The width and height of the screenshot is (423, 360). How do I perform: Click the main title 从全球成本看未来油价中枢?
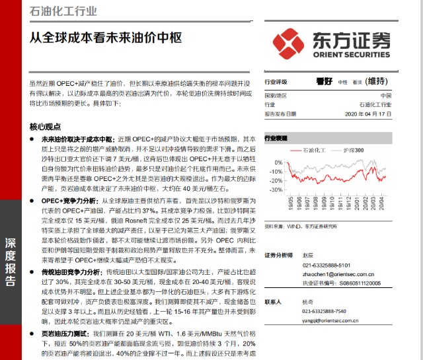(x=106, y=38)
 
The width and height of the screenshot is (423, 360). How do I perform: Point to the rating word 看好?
(x=324, y=82)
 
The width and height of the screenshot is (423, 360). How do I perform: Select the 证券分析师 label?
(x=278, y=255)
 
